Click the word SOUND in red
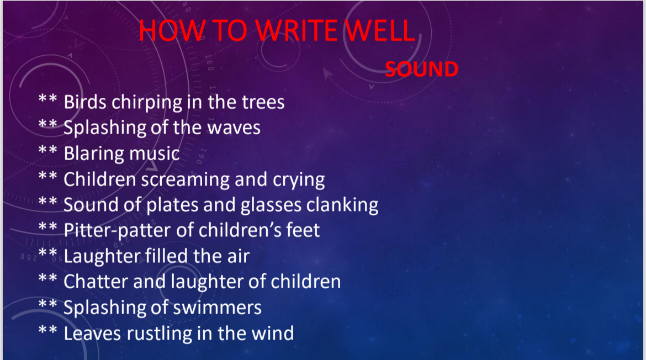pos(421,70)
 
